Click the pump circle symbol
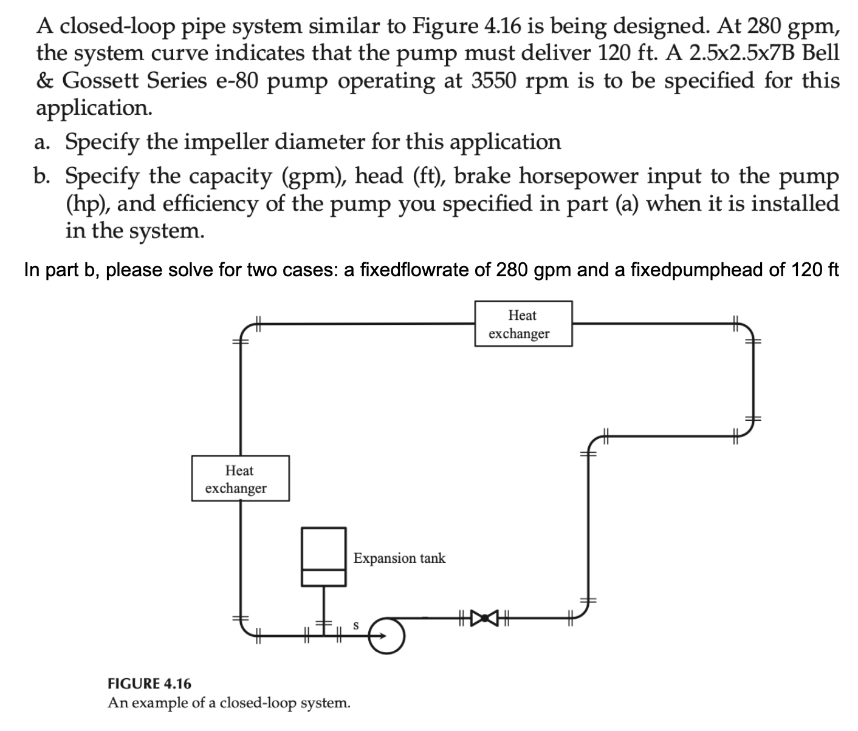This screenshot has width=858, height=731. pyautogui.click(x=386, y=635)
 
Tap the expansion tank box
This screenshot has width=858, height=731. pyautogui.click(x=324, y=556)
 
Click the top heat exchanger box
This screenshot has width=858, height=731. pyautogui.click(x=523, y=324)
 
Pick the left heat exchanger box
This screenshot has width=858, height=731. pyautogui.click(x=240, y=478)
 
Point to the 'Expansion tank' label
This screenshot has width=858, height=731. pyautogui.click(x=399, y=558)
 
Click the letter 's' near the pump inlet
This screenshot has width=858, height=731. pyautogui.click(x=356, y=625)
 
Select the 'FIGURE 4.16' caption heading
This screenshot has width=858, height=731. pyautogui.click(x=149, y=684)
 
